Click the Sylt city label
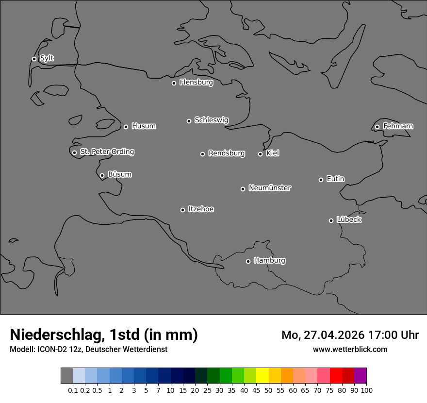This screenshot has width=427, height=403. [x=47, y=58]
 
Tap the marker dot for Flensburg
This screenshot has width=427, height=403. [x=174, y=83]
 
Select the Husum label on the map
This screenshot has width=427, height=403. [x=144, y=126]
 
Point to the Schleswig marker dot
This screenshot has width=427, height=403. [x=189, y=121]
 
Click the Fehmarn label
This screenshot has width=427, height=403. [x=398, y=126]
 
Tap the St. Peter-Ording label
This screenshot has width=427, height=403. [x=107, y=152]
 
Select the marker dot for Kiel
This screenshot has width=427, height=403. [x=260, y=154]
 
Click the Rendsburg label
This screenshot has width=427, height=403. [x=227, y=153]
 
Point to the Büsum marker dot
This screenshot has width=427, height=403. [x=102, y=175]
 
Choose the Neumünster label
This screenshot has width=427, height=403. [x=270, y=188]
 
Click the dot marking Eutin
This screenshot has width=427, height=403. [x=321, y=180]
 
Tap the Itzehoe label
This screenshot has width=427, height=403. [x=201, y=209]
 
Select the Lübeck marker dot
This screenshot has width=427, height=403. [x=331, y=220]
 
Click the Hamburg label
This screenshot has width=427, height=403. [x=269, y=261]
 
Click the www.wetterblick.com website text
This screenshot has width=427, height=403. [x=350, y=349]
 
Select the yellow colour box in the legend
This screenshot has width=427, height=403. [x=262, y=376]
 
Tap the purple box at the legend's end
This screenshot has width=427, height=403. [x=360, y=376]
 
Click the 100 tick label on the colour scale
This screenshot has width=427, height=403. [x=366, y=390]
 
